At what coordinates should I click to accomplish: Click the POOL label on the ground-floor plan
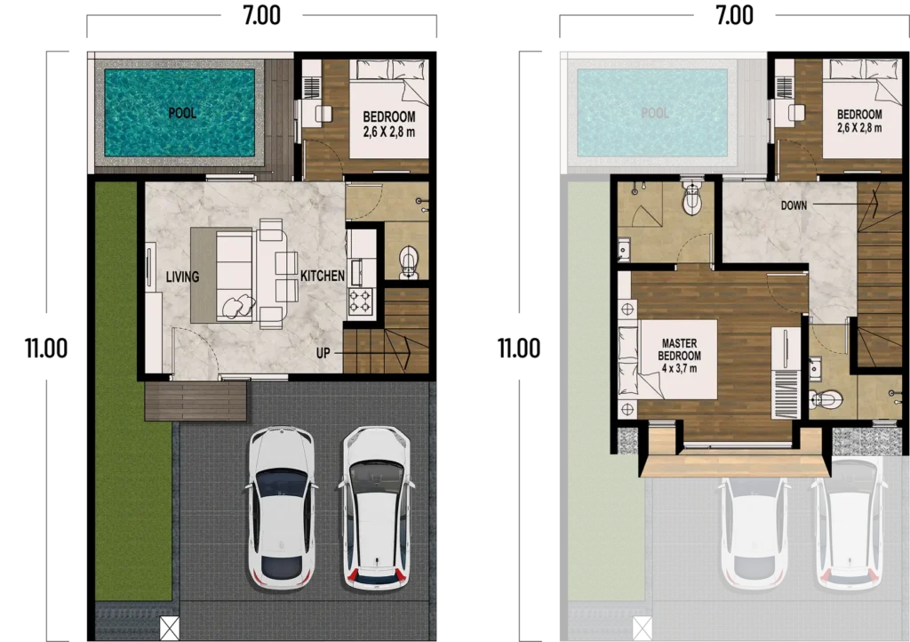click(x=182, y=113)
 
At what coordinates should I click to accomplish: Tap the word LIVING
click(x=182, y=277)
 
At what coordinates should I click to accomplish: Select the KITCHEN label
click(x=323, y=276)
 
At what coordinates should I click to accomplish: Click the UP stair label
click(x=323, y=352)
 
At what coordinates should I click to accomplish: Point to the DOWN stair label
click(x=794, y=205)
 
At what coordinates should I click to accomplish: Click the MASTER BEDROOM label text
click(x=680, y=349)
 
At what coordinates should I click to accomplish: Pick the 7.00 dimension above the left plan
click(x=262, y=15)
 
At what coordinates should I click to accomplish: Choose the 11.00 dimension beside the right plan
click(x=519, y=348)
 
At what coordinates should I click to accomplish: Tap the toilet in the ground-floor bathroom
click(x=409, y=261)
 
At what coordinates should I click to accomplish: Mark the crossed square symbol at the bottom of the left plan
click(x=170, y=629)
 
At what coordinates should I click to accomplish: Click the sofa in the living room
click(x=235, y=275)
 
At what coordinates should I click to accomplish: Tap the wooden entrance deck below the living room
click(x=196, y=400)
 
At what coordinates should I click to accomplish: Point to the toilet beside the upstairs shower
click(x=692, y=197)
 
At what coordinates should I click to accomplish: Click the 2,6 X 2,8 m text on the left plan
click(x=389, y=132)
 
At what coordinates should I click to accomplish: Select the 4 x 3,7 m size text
click(x=680, y=368)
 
